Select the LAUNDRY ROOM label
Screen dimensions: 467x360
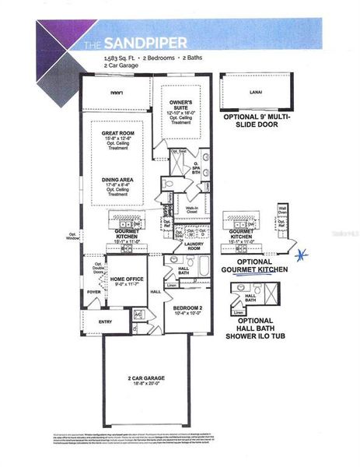pyautogui.click(x=189, y=246)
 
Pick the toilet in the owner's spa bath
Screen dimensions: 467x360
pyautogui.click(x=170, y=183)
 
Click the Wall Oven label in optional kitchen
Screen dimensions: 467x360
pyautogui.click(x=283, y=211)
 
